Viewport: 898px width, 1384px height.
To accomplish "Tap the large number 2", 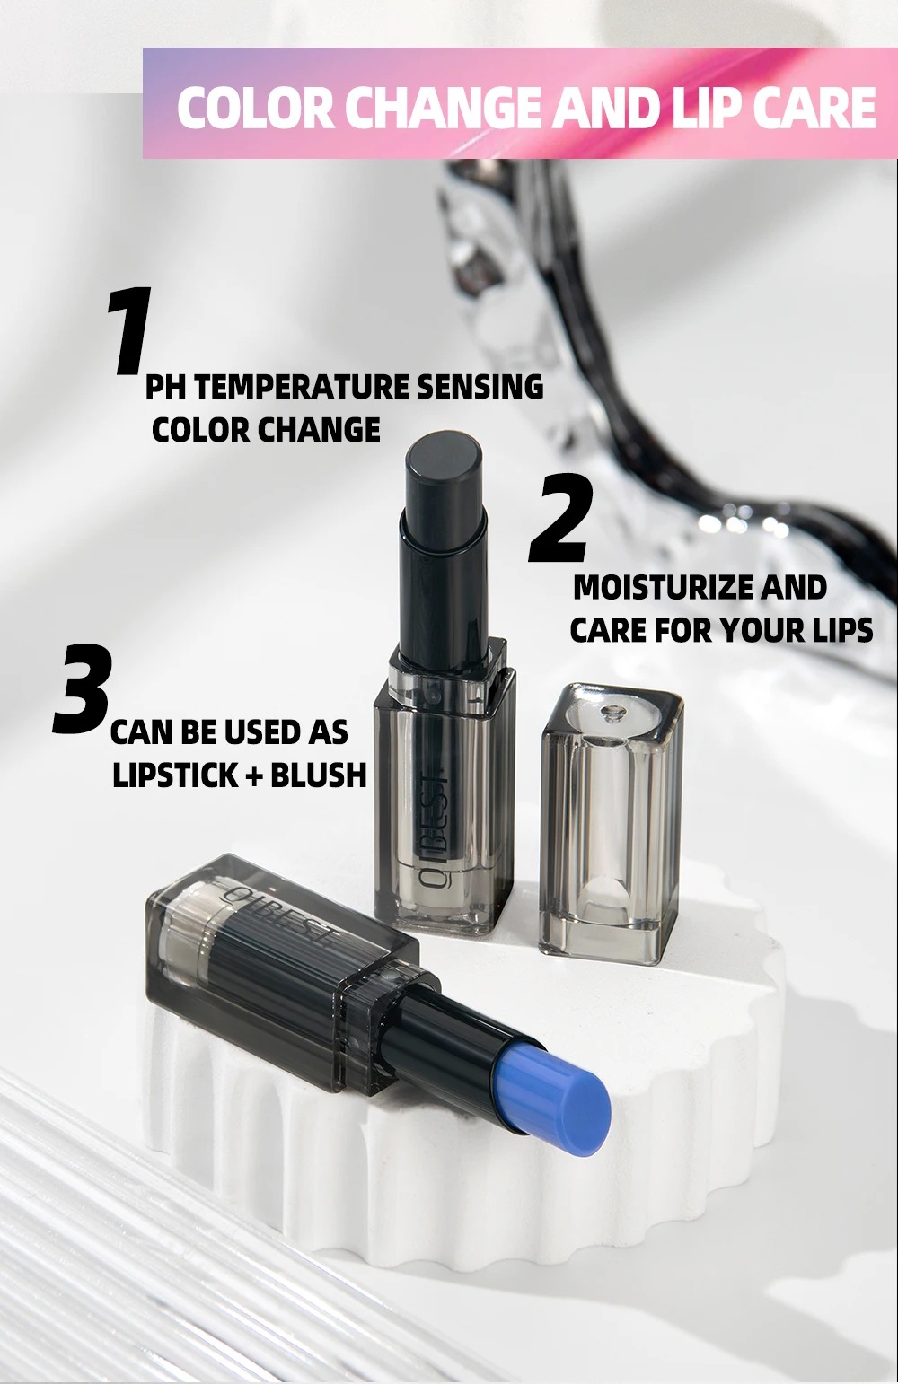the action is point(561,518).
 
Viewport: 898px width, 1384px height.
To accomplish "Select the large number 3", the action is point(83,688).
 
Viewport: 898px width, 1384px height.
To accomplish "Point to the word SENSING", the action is point(480,388).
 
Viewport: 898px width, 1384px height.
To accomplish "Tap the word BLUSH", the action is point(318,775).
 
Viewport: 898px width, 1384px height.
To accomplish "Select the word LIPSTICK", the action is point(175,775).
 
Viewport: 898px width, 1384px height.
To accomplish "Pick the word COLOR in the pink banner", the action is point(256,108).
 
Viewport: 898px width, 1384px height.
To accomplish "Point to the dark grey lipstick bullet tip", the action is point(445,459).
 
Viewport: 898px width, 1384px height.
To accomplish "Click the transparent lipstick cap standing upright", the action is point(612,823).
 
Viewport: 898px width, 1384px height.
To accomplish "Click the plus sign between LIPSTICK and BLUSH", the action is point(255,776).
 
